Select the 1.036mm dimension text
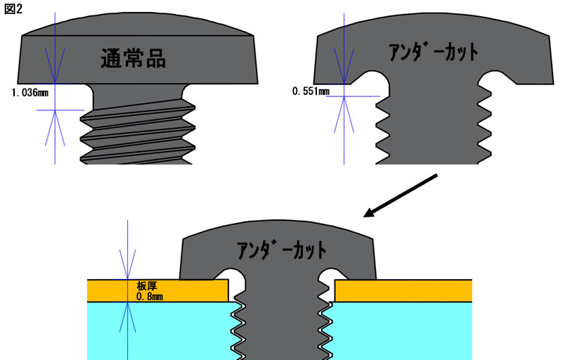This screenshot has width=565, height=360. pyautogui.click(x=30, y=92)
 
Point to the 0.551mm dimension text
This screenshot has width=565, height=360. pyautogui.click(x=310, y=91)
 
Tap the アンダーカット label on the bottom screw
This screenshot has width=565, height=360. pyautogui.click(x=281, y=250)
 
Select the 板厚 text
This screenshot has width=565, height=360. pyautogui.click(x=145, y=286)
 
